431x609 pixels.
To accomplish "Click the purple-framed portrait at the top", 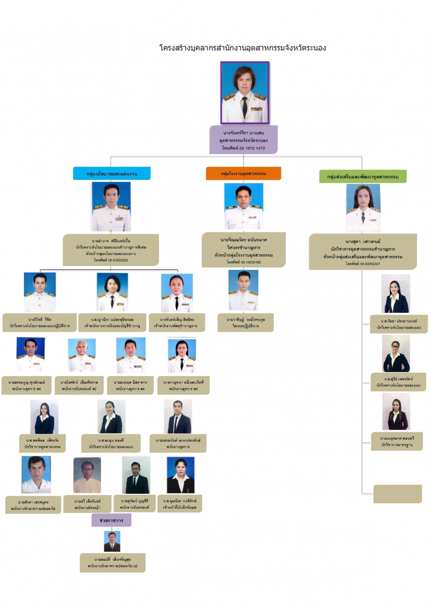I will coord(245,92).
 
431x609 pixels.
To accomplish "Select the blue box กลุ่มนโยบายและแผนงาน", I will coord(112,174).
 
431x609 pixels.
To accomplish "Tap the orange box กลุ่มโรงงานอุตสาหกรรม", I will coord(243,173).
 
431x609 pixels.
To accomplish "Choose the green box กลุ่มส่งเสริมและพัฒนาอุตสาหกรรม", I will coord(363,177).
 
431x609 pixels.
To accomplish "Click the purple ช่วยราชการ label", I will coord(111,520).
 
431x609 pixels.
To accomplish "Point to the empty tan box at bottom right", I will coord(397,494).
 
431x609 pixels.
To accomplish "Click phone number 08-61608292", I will coord(111,260).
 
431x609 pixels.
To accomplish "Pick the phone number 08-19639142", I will coord(244,262).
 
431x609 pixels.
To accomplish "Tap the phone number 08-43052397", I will coord(363,264).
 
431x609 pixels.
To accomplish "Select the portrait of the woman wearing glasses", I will coord(396,354).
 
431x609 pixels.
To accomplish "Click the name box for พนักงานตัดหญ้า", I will coord(87,504).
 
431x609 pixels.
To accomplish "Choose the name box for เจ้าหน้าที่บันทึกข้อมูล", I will coord(180,504).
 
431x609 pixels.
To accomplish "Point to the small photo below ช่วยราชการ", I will coord(112,541).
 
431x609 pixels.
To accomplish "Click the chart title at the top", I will coord(242,48).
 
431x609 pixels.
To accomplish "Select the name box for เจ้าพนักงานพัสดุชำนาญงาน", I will coord(177,322).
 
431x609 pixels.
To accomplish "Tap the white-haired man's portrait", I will coord(81,355).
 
